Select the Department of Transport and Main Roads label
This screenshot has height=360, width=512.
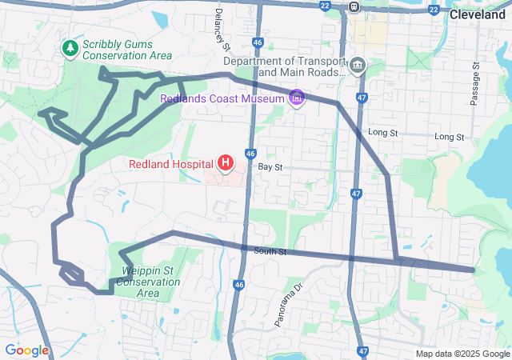click(284, 66)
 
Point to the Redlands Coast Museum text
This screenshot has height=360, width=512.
click(222, 98)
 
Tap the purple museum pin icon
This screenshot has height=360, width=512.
click(298, 98)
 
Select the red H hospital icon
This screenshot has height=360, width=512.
click(226, 164)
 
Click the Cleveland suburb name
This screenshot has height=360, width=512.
click(477, 14)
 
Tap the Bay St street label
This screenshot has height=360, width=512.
click(271, 167)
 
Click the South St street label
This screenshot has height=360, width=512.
click(270, 252)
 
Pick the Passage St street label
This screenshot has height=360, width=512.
click(474, 84)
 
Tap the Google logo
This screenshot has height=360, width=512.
click(26, 350)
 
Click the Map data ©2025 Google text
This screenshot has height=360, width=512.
click(462, 354)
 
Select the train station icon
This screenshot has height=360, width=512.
click(354, 6)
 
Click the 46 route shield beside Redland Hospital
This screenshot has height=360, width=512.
click(250, 153)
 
